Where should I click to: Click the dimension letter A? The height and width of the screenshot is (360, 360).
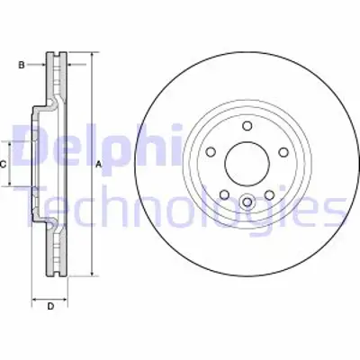pos(98,163)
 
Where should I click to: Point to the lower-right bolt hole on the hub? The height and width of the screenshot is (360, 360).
pos(267,193)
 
